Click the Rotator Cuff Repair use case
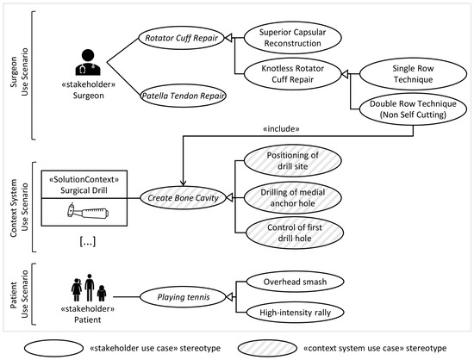point(181,38)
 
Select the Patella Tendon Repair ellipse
point(184,96)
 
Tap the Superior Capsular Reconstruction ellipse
point(293,38)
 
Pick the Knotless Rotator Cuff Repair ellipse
point(293,74)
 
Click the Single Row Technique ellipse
point(413,74)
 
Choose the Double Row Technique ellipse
point(413,109)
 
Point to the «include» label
point(281,129)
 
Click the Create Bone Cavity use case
point(184,198)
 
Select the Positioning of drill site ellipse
point(293,161)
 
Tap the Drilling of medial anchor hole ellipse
point(293,198)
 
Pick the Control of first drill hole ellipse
point(295,233)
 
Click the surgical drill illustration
point(88,210)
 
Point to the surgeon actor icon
point(88,63)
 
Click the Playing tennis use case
point(184,297)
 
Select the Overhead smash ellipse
point(295,282)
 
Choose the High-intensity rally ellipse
point(295,313)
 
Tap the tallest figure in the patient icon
point(90,288)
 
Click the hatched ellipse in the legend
point(267,348)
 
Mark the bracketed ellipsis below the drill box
point(88,242)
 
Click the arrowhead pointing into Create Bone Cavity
point(183,183)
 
